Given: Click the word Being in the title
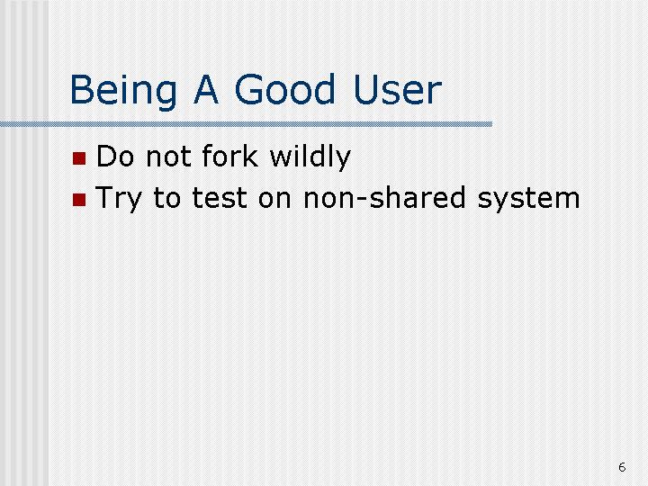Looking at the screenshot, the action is [123, 91].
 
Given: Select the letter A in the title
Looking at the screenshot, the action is [206, 89].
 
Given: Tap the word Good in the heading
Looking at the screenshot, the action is [284, 89].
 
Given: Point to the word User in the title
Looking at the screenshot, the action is [398, 89].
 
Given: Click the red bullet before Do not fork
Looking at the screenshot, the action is [79, 158].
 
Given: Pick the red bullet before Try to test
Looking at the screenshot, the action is [79, 200].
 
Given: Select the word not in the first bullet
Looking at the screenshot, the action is [168, 157].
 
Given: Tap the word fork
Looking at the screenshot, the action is [229, 156].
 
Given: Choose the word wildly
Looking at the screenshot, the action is [310, 157].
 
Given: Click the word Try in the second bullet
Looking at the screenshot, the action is [119, 199].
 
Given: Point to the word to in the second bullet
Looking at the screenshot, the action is [167, 198].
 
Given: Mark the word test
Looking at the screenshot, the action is [220, 198].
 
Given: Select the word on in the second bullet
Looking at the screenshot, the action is [274, 200].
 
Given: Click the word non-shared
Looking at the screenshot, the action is [384, 197].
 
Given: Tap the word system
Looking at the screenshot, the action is [528, 200].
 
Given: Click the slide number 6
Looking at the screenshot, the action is [622, 467].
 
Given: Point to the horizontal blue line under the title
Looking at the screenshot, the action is [246, 124].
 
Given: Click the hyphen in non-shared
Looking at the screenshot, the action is [362, 201].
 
